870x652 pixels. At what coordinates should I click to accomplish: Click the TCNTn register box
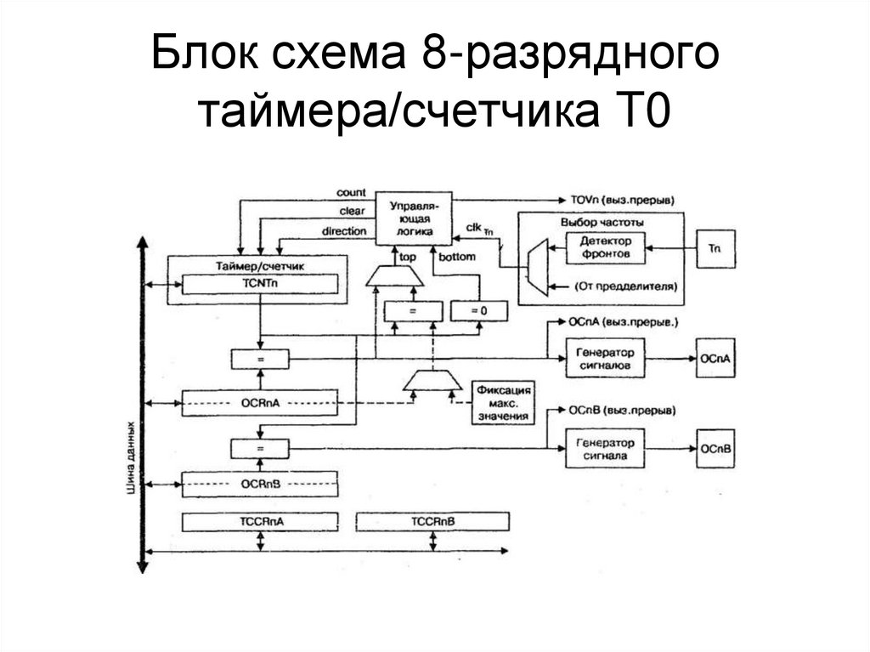(x=260, y=284)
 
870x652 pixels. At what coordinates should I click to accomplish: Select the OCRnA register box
(x=260, y=400)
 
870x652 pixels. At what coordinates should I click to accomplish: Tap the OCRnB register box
(x=260, y=484)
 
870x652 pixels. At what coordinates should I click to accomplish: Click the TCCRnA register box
(x=260, y=520)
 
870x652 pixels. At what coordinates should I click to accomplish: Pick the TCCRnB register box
(x=432, y=520)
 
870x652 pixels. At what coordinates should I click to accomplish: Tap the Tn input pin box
(x=715, y=248)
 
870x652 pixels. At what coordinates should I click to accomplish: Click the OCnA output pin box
(x=715, y=359)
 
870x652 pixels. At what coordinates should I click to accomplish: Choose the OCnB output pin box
(x=715, y=448)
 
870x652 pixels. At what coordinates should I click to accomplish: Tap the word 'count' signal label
(x=351, y=193)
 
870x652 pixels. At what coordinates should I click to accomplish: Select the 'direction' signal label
(x=344, y=230)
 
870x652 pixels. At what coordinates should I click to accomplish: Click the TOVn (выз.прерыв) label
(x=623, y=200)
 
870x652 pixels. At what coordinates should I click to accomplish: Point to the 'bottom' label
(x=460, y=256)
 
